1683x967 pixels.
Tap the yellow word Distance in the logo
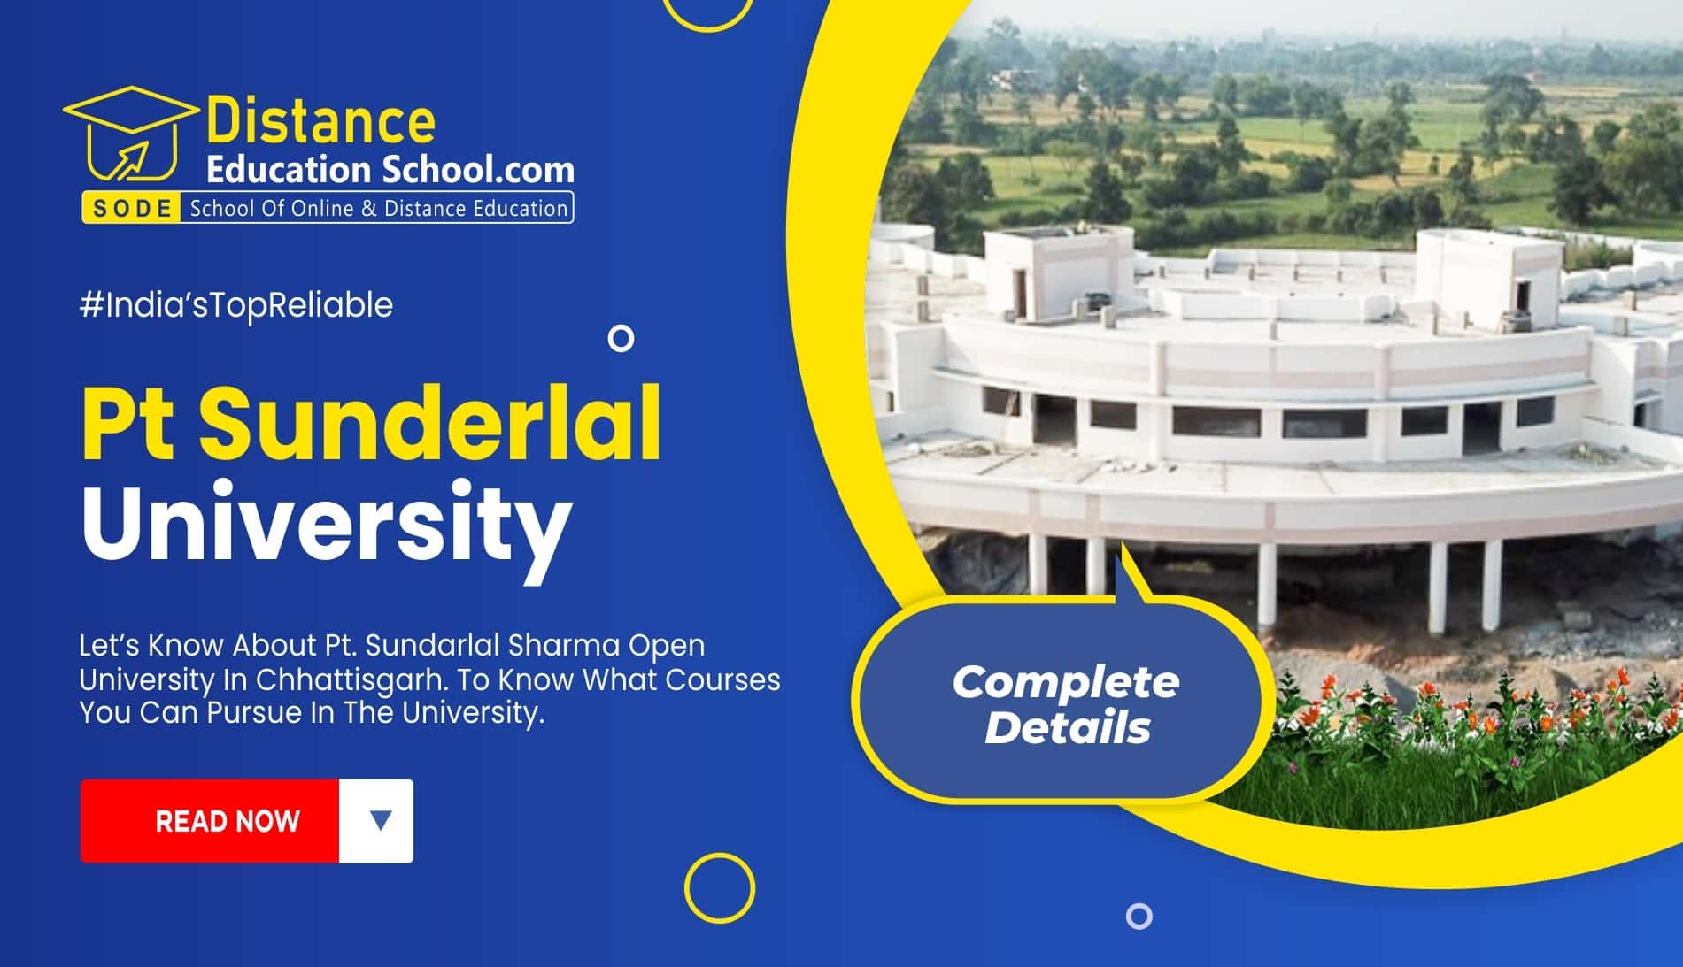pyautogui.click(x=320, y=122)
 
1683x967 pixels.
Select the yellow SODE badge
pyautogui.click(x=132, y=209)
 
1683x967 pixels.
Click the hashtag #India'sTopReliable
pyautogui.click(x=236, y=305)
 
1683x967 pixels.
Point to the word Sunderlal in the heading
pyautogui.click(x=429, y=422)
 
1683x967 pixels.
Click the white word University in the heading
pyautogui.click(x=326, y=521)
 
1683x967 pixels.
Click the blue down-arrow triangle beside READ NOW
pyautogui.click(x=380, y=820)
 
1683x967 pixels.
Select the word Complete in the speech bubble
pyautogui.click(x=1065, y=682)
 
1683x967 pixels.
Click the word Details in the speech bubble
pyautogui.click(x=1067, y=728)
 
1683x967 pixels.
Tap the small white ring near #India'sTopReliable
pyautogui.click(x=621, y=338)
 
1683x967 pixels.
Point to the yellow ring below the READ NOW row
pyautogui.click(x=720, y=887)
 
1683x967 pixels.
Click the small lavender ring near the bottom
pyautogui.click(x=1139, y=916)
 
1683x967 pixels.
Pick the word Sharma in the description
pyautogui.click(x=564, y=645)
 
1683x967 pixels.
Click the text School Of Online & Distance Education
pyautogui.click(x=378, y=209)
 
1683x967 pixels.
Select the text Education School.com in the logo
pyautogui.click(x=390, y=168)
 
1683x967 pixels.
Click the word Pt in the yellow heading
pyautogui.click(x=128, y=422)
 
